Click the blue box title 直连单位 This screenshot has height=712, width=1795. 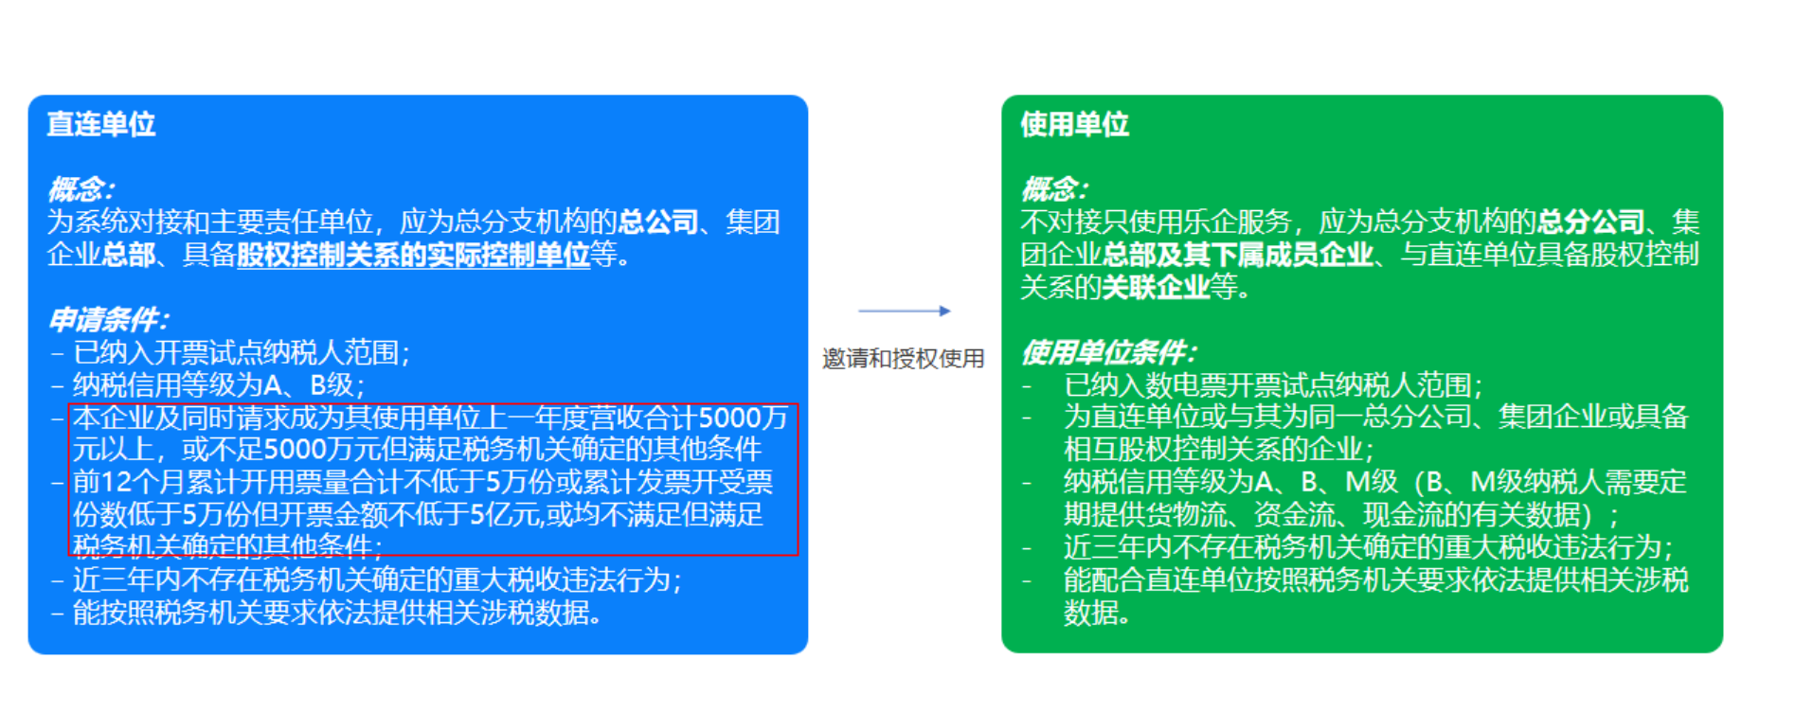(101, 124)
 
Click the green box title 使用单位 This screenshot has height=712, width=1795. (1074, 124)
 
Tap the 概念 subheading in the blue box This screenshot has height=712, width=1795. (81, 189)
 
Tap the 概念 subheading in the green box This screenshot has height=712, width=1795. (1054, 189)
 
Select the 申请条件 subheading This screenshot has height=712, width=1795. (108, 319)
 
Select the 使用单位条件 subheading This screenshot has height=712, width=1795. (1108, 352)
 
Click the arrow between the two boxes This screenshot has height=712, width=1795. (904, 311)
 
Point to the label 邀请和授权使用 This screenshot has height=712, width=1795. (904, 359)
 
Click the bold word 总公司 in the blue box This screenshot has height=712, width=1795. (658, 222)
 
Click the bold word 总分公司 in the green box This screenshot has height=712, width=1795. (1590, 222)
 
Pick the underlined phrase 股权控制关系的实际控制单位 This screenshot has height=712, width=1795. (413, 255)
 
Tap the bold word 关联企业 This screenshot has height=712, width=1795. (1156, 287)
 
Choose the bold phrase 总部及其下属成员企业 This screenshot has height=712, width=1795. (1238, 255)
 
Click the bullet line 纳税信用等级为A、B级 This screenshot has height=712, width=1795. (218, 385)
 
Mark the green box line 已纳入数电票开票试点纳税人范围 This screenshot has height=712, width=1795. (1273, 385)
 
